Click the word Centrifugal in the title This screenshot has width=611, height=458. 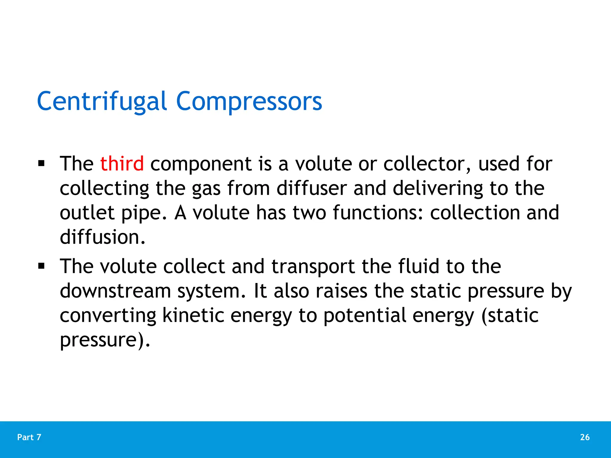coord(101,101)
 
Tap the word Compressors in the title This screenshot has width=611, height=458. coord(249,101)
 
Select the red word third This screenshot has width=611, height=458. coord(122,164)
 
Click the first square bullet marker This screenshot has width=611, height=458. coord(41,163)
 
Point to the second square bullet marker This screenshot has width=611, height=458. coord(41,266)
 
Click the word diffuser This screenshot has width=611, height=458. coord(311,188)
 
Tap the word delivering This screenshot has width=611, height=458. coord(438,188)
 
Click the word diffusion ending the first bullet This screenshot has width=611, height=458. coord(102,237)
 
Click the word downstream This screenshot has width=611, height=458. coord(115,291)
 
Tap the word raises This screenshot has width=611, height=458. coord(341,291)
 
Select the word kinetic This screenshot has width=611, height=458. coord(193,315)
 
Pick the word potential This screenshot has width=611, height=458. coord(365,315)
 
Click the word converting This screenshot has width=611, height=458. coord(108,315)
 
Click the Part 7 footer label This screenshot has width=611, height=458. coord(29,437)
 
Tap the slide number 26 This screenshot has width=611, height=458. coord(585,437)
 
